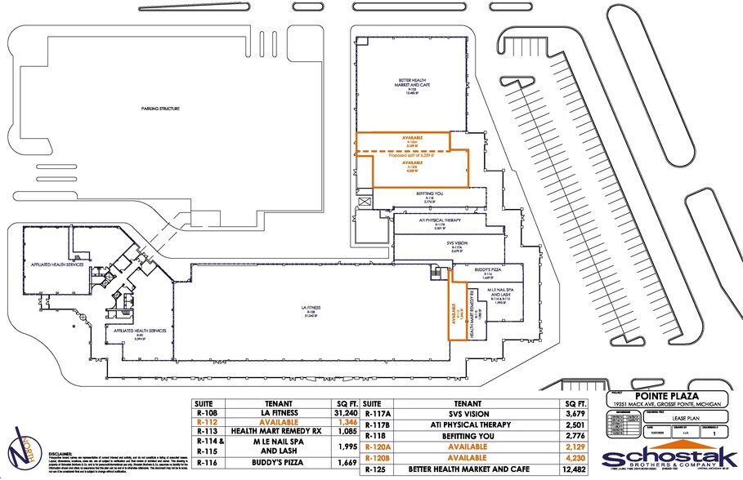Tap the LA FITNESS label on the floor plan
point(310,309)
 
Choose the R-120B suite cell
point(375,460)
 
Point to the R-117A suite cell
point(375,414)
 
